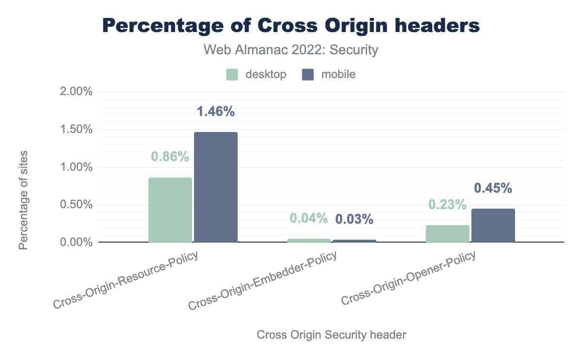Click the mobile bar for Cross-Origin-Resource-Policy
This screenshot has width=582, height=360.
(x=216, y=187)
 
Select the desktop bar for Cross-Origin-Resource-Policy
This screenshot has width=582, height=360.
(x=170, y=210)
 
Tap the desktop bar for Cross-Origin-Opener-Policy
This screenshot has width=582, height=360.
(x=448, y=233)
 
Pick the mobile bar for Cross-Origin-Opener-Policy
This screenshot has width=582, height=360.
(x=493, y=225)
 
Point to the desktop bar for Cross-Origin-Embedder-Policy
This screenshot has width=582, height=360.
(x=309, y=240)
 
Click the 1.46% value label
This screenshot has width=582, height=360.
(x=216, y=112)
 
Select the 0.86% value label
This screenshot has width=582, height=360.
(x=170, y=157)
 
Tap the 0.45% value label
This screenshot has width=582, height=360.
(x=493, y=188)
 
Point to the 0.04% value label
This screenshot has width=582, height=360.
(x=309, y=218)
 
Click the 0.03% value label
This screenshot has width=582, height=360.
(x=355, y=219)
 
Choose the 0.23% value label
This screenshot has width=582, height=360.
(x=448, y=205)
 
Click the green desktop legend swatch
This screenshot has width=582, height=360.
(x=232, y=74)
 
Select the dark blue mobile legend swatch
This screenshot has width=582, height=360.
(x=307, y=74)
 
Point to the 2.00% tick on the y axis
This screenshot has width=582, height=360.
(x=76, y=92)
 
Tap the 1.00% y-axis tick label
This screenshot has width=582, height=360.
(x=76, y=167)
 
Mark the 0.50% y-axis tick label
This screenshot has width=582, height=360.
(x=76, y=204)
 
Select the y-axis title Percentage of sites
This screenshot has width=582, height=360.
(x=23, y=200)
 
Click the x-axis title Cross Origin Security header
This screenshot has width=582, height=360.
(x=331, y=335)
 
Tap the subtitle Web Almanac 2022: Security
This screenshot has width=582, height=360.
(x=291, y=49)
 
